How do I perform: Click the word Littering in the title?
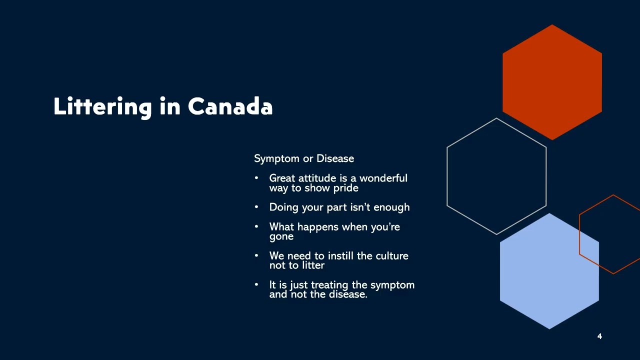coord(102,107)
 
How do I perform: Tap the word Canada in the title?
coord(230,106)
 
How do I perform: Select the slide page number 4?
coord(599,336)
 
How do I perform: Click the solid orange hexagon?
coord(552,82)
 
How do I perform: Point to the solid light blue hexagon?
coord(549,271)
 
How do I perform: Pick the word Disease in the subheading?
coord(335,158)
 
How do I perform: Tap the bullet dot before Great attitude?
coord(256,178)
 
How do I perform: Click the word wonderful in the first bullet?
coord(383,178)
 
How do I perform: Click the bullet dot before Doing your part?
coord(256,207)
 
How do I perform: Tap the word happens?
coord(317,227)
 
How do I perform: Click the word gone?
coord(281,237)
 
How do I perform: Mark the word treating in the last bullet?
coord(329,285)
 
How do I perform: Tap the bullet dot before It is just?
coord(256,284)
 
